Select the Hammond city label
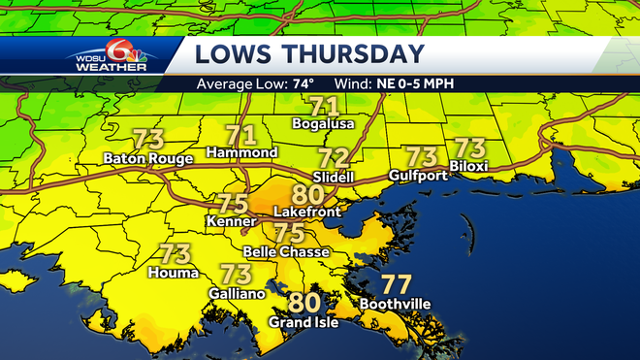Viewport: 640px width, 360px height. coord(243,152)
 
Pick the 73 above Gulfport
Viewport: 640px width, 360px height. coord(422,155)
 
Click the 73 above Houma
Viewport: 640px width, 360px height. coord(175,254)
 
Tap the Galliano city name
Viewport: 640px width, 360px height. coord(237,292)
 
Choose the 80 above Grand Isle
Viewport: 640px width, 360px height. coord(304,303)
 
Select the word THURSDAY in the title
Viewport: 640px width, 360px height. coord(355,54)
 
